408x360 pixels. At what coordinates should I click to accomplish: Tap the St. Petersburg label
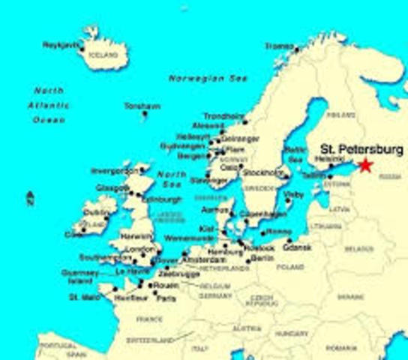click(x=361, y=149)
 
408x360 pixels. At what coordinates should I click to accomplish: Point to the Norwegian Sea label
click(x=197, y=78)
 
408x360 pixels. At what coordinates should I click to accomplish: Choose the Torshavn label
click(x=142, y=106)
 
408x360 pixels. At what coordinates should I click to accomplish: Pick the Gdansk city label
click(x=298, y=247)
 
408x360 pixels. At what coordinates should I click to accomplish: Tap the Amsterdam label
click(x=203, y=259)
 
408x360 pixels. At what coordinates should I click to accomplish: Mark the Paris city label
click(x=167, y=298)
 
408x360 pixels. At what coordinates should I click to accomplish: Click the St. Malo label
click(x=84, y=297)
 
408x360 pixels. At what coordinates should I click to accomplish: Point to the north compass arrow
click(x=29, y=199)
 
